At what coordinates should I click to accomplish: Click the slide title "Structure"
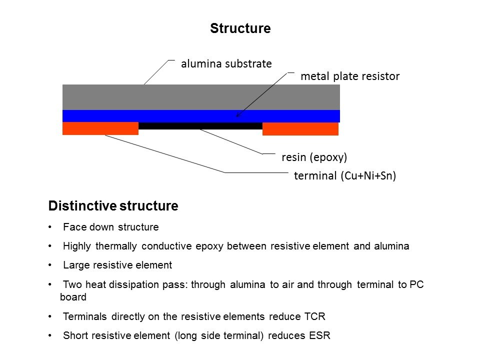pos(240,28)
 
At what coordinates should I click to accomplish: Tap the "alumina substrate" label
pos(226,63)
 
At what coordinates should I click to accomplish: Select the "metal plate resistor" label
pos(350,76)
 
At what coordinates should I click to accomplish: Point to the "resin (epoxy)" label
pos(314,157)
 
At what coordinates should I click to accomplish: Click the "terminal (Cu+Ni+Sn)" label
pos(344,176)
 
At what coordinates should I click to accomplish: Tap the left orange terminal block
pos(100,128)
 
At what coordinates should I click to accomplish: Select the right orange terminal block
pos(300,129)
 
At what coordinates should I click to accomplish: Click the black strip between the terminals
pos(200,126)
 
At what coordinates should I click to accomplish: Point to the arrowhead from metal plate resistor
pos(237,116)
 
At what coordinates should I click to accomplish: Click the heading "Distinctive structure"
pos(113,206)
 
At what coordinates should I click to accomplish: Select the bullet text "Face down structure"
pos(111,227)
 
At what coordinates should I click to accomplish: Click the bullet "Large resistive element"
pos(117,265)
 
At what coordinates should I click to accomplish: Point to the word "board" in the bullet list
pos(73,297)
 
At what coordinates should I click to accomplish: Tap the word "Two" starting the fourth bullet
pos(71,284)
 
